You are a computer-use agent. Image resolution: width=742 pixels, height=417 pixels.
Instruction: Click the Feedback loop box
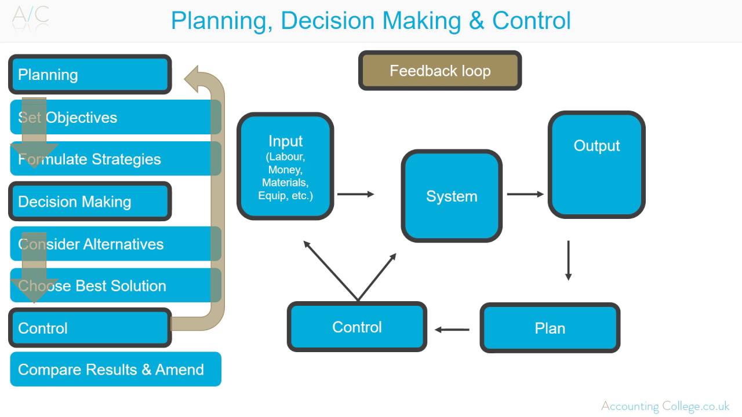tap(440, 71)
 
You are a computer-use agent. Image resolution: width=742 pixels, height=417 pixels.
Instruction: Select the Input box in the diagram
tap(285, 166)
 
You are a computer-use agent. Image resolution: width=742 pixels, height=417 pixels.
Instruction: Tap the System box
tap(452, 196)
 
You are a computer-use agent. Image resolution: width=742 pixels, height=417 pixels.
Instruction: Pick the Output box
tap(596, 165)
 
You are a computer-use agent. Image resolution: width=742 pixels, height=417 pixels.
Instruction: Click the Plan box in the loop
tap(550, 328)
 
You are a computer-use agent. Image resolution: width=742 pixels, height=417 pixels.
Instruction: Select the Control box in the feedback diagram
tap(357, 327)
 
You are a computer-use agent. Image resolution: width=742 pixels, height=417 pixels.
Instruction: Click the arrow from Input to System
tap(355, 194)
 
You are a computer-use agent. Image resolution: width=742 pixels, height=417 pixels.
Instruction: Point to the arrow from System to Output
tap(525, 194)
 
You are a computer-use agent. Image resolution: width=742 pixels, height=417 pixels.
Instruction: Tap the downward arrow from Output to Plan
tap(568, 261)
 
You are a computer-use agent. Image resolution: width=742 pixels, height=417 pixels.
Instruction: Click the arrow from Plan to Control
tap(452, 330)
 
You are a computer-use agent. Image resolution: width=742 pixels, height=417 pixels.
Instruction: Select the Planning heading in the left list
tap(90, 75)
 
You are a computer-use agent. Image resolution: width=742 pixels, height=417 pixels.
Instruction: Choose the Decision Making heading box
tap(90, 202)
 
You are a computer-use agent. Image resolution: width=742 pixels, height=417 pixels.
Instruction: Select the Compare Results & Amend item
tap(115, 370)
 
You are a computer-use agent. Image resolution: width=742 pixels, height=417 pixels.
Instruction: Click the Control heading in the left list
tap(90, 328)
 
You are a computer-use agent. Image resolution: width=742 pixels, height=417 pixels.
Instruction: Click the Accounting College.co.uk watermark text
tap(665, 406)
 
